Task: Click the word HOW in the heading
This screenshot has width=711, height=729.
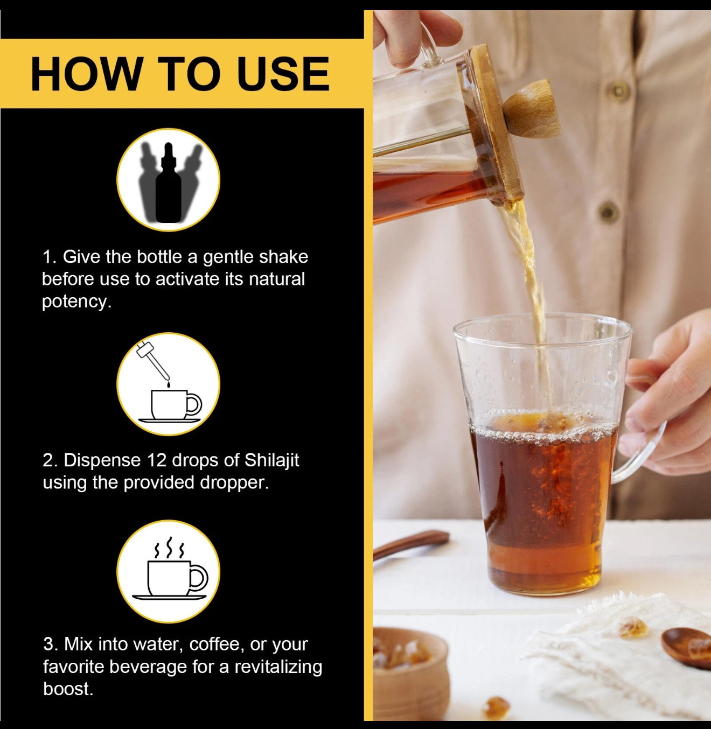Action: click(86, 74)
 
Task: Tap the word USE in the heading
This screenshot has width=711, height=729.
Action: click(284, 74)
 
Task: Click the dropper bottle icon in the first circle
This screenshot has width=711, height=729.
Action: click(168, 183)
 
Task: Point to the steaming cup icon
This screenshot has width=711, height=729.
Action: click(170, 569)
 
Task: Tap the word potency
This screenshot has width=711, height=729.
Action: click(76, 302)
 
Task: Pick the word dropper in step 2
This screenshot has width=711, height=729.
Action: click(234, 483)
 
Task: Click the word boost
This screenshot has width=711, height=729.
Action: click(68, 689)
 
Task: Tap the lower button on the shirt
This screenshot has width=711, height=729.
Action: click(609, 212)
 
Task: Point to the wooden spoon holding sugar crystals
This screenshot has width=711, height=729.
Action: click(686, 647)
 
